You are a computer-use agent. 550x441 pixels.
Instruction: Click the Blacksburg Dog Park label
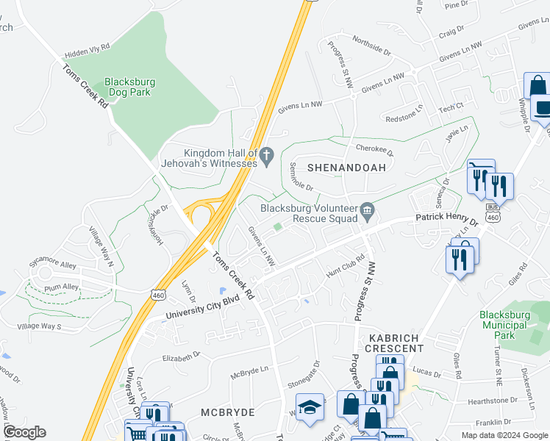tap(128, 88)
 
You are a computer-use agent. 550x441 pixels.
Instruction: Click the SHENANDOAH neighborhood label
tap(346, 168)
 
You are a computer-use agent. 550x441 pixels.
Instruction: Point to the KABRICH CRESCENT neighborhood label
tap(392, 342)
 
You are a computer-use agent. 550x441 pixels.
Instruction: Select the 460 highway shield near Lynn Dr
tap(157, 294)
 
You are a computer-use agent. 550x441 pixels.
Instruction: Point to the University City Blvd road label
tap(192, 310)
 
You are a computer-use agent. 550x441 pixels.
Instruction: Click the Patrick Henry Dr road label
tap(446, 219)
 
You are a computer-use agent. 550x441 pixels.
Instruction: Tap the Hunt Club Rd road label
tap(345, 265)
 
